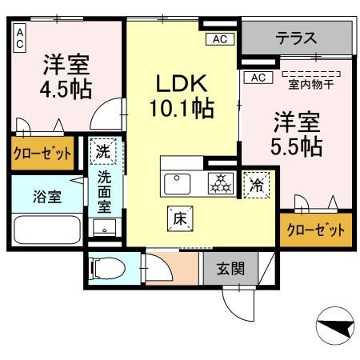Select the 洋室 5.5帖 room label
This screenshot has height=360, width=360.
click(x=298, y=134)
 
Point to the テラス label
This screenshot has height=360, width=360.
click(x=297, y=37)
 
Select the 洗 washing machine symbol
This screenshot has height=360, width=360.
click(x=105, y=150)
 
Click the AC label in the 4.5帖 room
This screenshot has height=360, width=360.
click(x=19, y=38)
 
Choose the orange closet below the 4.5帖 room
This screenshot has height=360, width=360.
click(x=42, y=153)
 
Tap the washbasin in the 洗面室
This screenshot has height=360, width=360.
click(x=104, y=227)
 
